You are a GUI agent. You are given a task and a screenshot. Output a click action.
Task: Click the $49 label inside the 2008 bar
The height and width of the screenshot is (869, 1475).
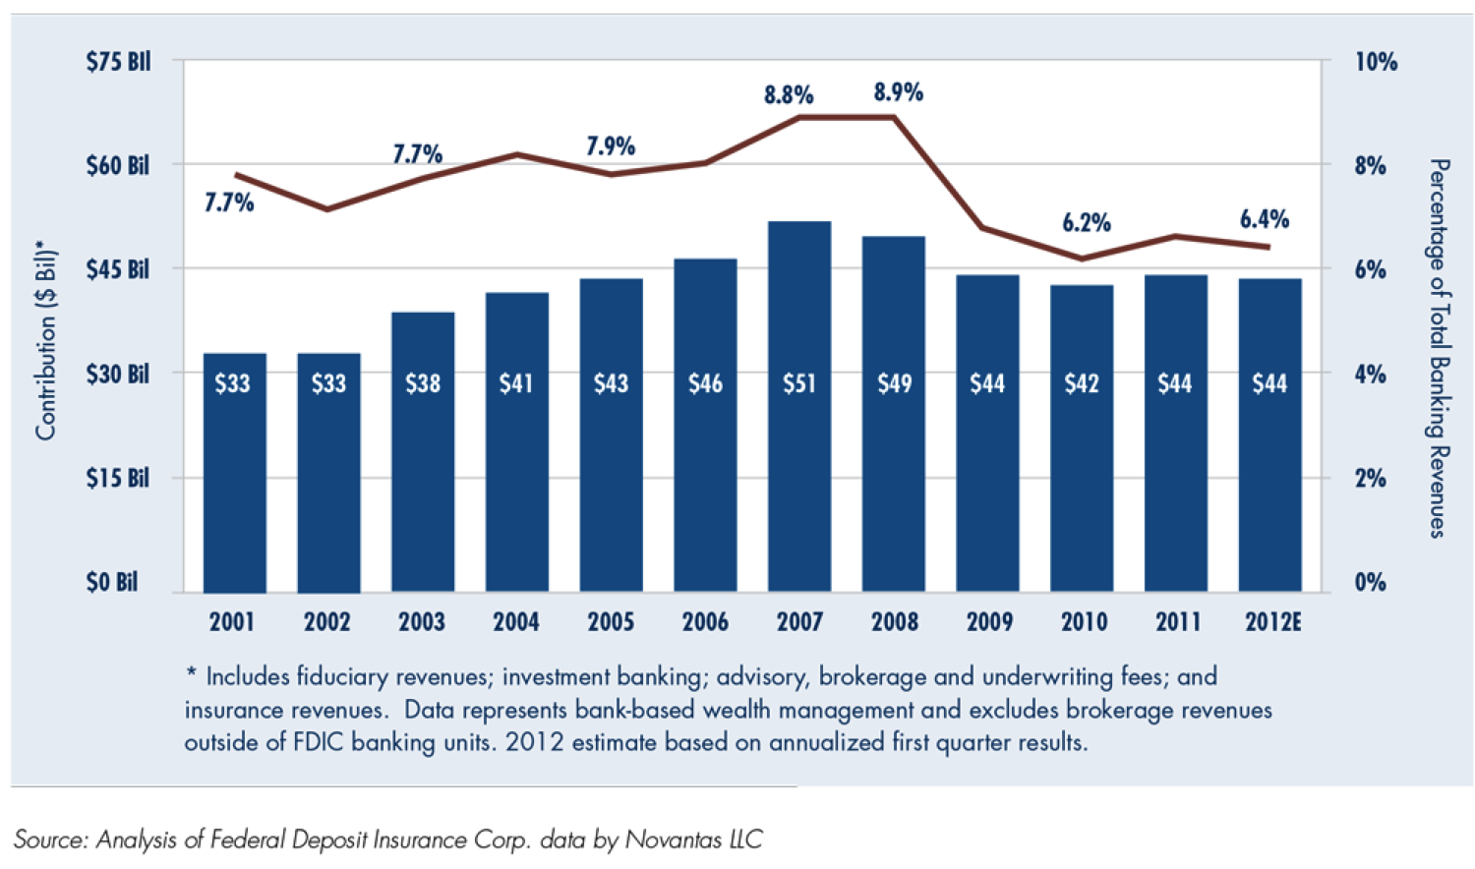894,383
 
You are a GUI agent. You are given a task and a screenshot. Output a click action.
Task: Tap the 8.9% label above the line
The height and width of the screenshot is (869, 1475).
898,92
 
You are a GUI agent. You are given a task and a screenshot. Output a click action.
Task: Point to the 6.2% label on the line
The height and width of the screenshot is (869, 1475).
1086,223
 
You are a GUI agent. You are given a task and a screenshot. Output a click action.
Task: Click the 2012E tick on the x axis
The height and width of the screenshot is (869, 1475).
1272,622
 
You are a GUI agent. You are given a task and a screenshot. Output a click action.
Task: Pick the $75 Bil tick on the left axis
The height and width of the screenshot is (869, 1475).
118,62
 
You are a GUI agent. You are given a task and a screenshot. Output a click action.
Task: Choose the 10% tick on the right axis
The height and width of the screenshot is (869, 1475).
1376,62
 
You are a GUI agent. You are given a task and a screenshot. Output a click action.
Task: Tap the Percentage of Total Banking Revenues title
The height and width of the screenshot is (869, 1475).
1438,348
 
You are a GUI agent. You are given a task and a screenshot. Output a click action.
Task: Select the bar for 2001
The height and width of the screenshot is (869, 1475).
234,472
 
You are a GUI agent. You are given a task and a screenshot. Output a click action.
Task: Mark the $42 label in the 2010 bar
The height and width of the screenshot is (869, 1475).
1082,383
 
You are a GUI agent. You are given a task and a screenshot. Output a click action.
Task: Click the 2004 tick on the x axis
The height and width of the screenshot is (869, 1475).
516,622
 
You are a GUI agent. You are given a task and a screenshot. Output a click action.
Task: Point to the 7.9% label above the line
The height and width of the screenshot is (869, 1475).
611,146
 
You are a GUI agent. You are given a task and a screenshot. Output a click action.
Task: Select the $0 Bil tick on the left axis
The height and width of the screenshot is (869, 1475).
112,582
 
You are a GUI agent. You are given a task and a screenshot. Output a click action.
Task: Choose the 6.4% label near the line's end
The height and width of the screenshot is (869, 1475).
1264,219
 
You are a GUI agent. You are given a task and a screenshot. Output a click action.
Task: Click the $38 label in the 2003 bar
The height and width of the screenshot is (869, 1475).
423,383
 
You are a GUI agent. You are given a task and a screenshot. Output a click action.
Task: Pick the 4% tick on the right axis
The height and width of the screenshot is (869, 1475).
1370,375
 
